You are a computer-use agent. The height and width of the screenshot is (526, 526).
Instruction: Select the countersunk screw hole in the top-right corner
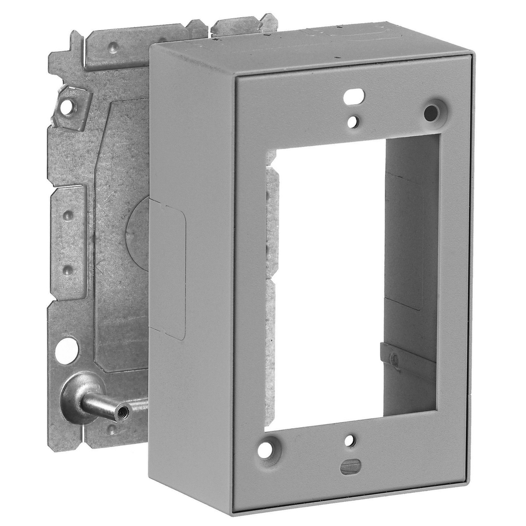tap(431, 112)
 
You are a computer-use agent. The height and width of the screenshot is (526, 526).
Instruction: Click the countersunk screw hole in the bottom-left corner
tap(267, 450)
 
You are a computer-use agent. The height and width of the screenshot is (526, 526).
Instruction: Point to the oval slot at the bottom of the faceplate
tap(350, 466)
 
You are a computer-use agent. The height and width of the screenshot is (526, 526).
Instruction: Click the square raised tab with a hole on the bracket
tap(67, 107)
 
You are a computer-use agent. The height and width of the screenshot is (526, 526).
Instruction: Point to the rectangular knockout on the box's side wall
tap(167, 268)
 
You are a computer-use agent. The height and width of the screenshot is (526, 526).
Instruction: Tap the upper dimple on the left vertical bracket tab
tap(68, 216)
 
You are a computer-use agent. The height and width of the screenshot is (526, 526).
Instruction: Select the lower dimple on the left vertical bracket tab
tap(67, 269)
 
